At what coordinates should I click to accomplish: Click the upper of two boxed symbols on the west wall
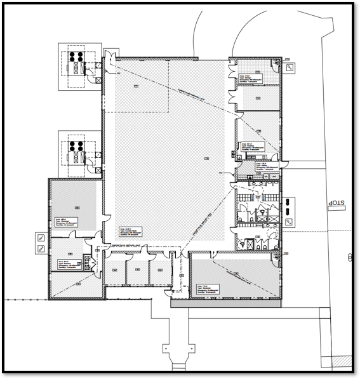click(41, 237)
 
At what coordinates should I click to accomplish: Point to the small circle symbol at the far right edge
click(350, 257)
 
